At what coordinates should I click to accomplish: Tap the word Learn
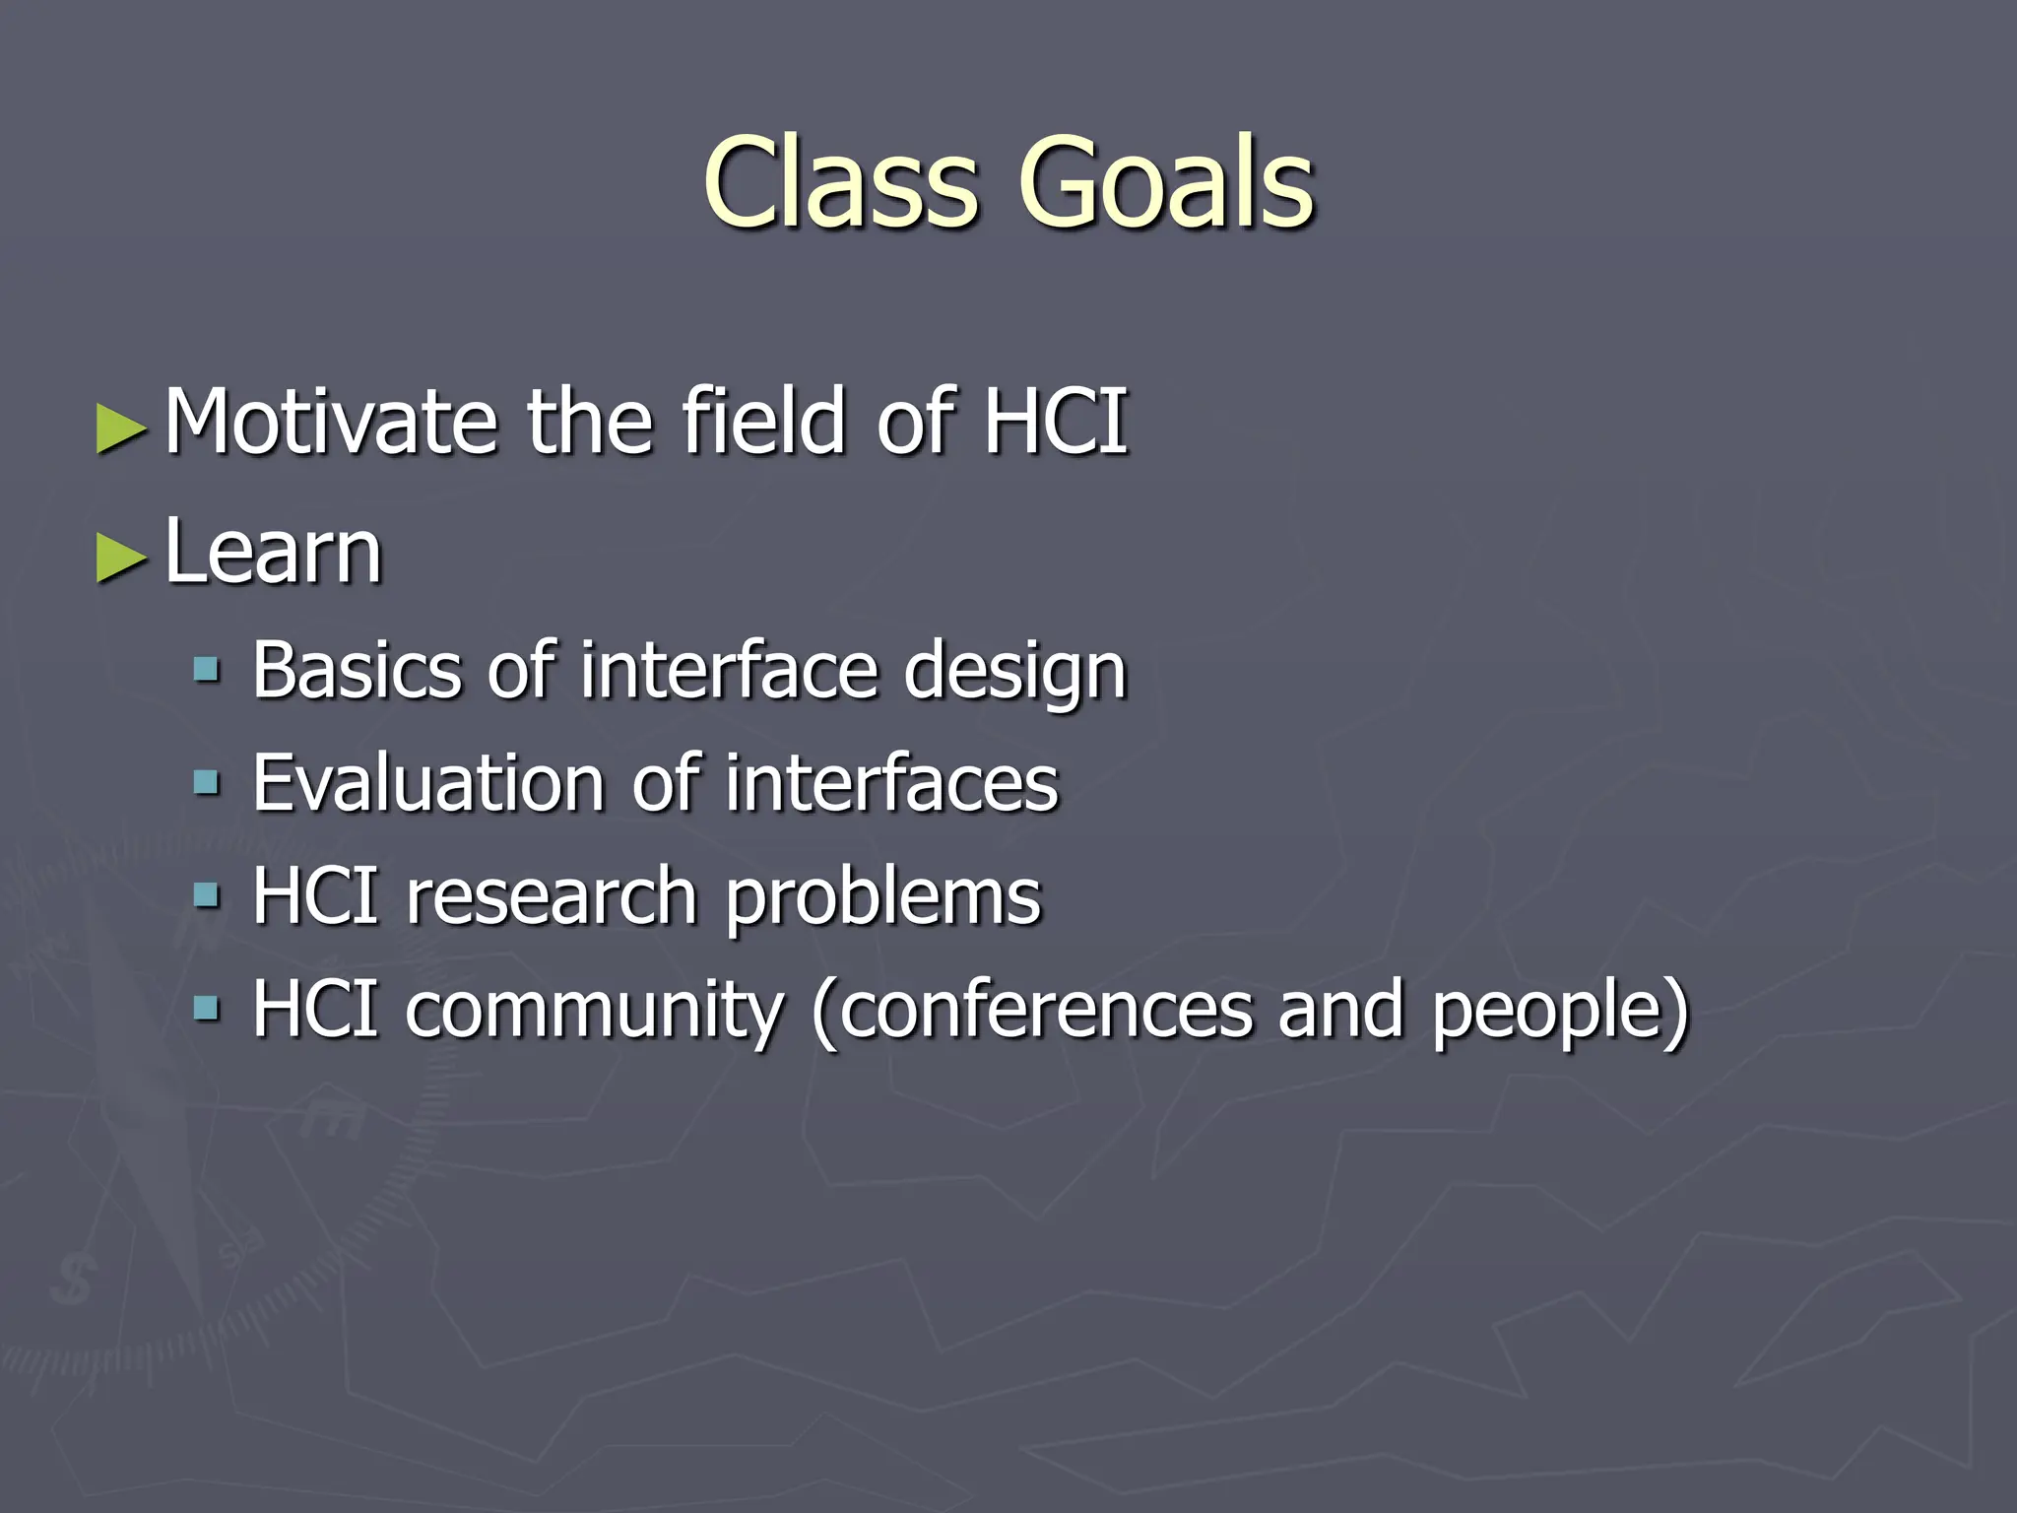[x=273, y=552]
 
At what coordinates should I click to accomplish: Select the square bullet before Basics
[x=206, y=671]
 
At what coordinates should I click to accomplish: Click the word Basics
[x=357, y=671]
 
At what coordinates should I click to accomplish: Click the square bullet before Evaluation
[x=206, y=784]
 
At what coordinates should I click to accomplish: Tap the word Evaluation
[x=428, y=784]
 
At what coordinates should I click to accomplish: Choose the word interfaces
[x=891, y=784]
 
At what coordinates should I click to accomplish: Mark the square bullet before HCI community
[x=206, y=1009]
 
